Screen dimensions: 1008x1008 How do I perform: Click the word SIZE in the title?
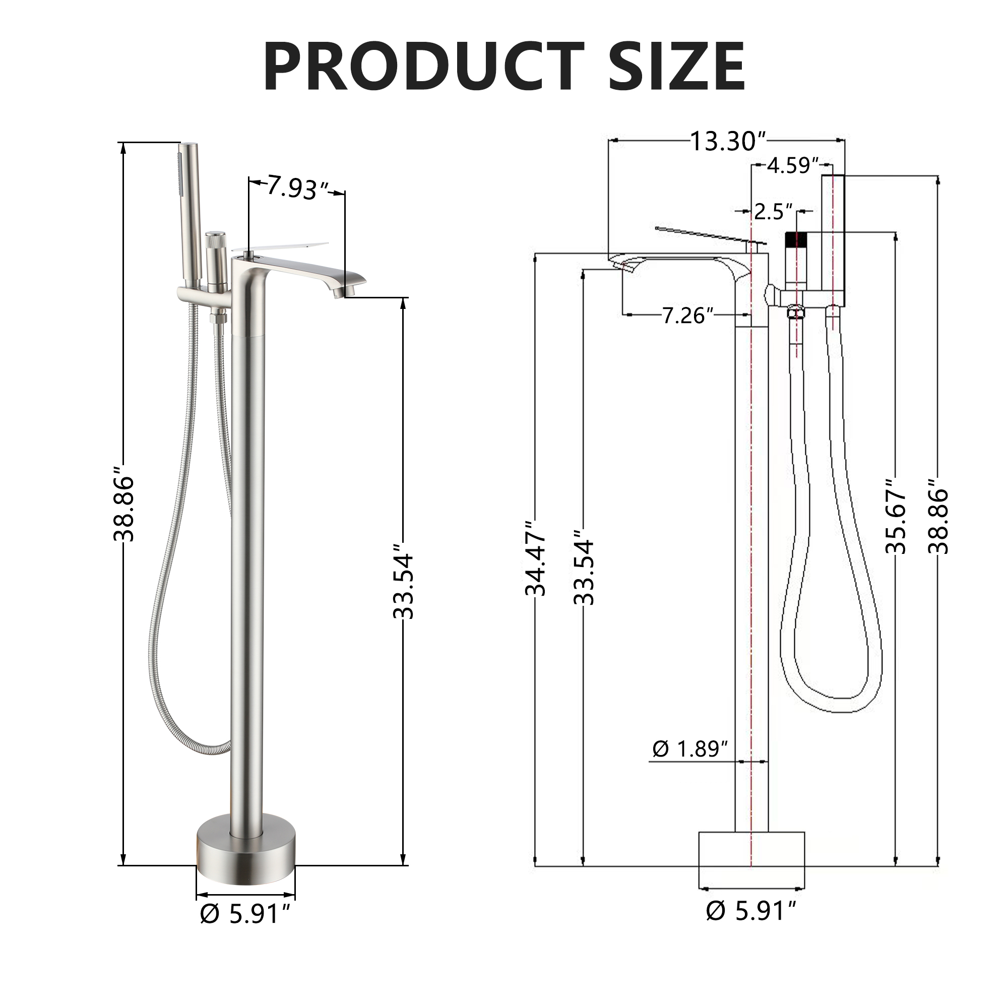[677, 67]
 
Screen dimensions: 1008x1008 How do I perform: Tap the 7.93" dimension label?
[295, 187]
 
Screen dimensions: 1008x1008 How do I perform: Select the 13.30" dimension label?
[728, 141]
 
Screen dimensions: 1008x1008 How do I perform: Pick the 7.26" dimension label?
[687, 315]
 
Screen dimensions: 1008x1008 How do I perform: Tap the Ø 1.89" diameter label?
[690, 749]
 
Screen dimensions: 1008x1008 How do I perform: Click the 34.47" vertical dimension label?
[536, 558]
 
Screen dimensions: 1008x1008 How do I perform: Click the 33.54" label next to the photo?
[403, 581]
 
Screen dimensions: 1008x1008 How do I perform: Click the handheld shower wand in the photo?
[188, 214]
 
